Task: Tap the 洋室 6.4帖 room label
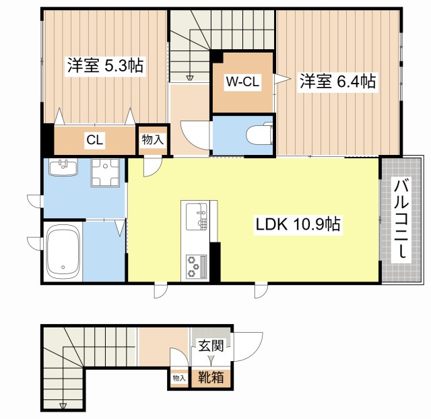(x=337, y=82)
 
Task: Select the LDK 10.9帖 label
(x=297, y=226)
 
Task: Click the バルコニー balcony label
(x=401, y=218)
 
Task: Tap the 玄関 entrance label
(x=210, y=346)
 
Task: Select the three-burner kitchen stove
(x=195, y=265)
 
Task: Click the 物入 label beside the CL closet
(x=152, y=140)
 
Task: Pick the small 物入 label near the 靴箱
(x=178, y=379)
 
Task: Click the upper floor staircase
(x=189, y=44)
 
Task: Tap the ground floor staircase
(x=64, y=367)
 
